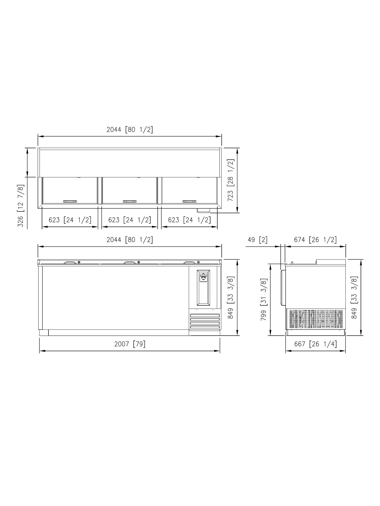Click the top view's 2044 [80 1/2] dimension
130,129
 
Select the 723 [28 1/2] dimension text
231,180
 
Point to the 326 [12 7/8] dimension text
21,206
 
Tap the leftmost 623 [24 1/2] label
70,220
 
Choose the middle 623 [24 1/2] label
130,220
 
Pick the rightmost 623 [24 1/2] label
190,220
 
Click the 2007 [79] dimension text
130,344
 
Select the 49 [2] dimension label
258,240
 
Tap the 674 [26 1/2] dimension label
315,240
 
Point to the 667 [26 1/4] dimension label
315,344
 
